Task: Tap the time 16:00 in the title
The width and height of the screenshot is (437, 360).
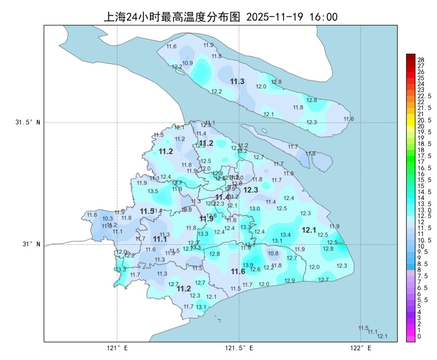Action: point(323,17)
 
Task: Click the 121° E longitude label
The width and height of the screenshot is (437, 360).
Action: point(117,348)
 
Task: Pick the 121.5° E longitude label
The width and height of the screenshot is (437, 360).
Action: point(239,348)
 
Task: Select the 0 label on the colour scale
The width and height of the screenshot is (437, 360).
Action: point(419,336)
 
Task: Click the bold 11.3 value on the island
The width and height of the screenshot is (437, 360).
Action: point(237,82)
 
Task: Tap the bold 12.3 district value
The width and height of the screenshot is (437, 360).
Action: point(251,190)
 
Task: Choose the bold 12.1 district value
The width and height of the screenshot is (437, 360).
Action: point(309,230)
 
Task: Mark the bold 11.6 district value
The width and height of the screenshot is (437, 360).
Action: point(238,271)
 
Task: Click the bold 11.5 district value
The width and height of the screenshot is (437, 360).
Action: point(147,211)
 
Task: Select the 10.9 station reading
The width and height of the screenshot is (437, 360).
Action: point(187,63)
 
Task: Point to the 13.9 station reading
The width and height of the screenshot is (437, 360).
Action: point(248,265)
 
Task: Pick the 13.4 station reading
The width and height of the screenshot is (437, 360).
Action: point(286,235)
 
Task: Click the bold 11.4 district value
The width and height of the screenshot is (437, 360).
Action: point(222,197)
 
